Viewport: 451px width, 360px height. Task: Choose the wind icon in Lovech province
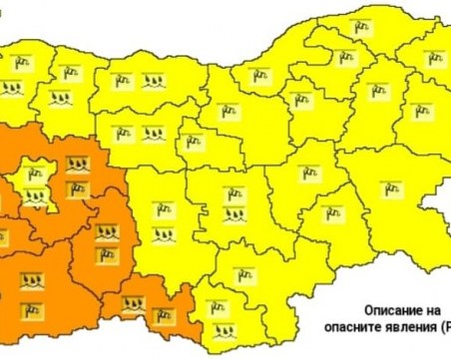click(x=126, y=132)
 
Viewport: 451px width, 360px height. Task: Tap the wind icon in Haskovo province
click(x=241, y=274)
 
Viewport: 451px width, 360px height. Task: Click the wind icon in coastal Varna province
click(x=378, y=90)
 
